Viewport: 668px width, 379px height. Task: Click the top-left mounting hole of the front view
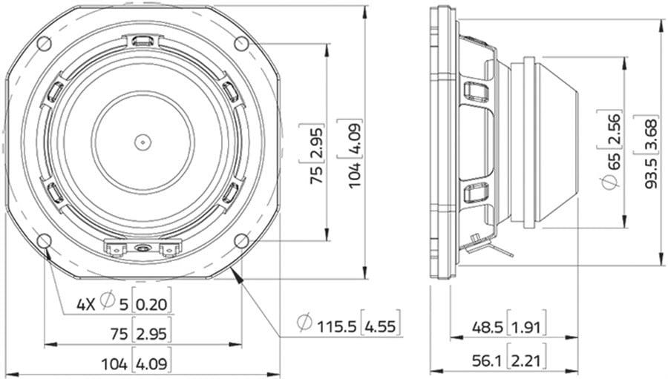coord(45,44)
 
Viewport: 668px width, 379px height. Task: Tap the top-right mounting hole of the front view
coord(241,44)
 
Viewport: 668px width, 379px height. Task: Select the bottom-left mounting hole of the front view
coord(45,240)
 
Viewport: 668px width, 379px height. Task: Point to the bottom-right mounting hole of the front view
coord(241,240)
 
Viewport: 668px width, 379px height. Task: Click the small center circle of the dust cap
coord(143,142)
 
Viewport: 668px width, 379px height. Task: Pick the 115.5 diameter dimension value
coord(336,326)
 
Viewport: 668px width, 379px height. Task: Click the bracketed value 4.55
coord(381,326)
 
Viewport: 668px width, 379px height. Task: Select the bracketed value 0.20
coord(151,305)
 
